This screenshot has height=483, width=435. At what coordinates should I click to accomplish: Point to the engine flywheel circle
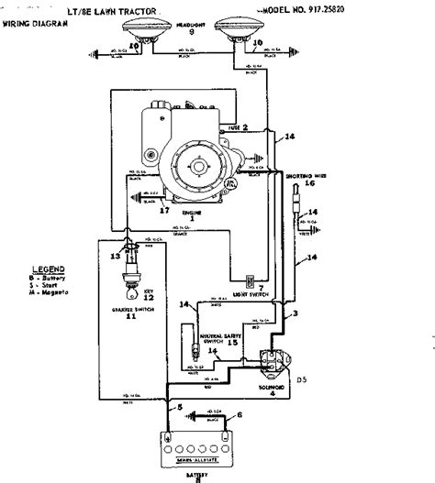[195, 171]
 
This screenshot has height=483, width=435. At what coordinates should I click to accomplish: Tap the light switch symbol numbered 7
[249, 280]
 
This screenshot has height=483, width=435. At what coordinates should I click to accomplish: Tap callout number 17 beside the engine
[165, 210]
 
